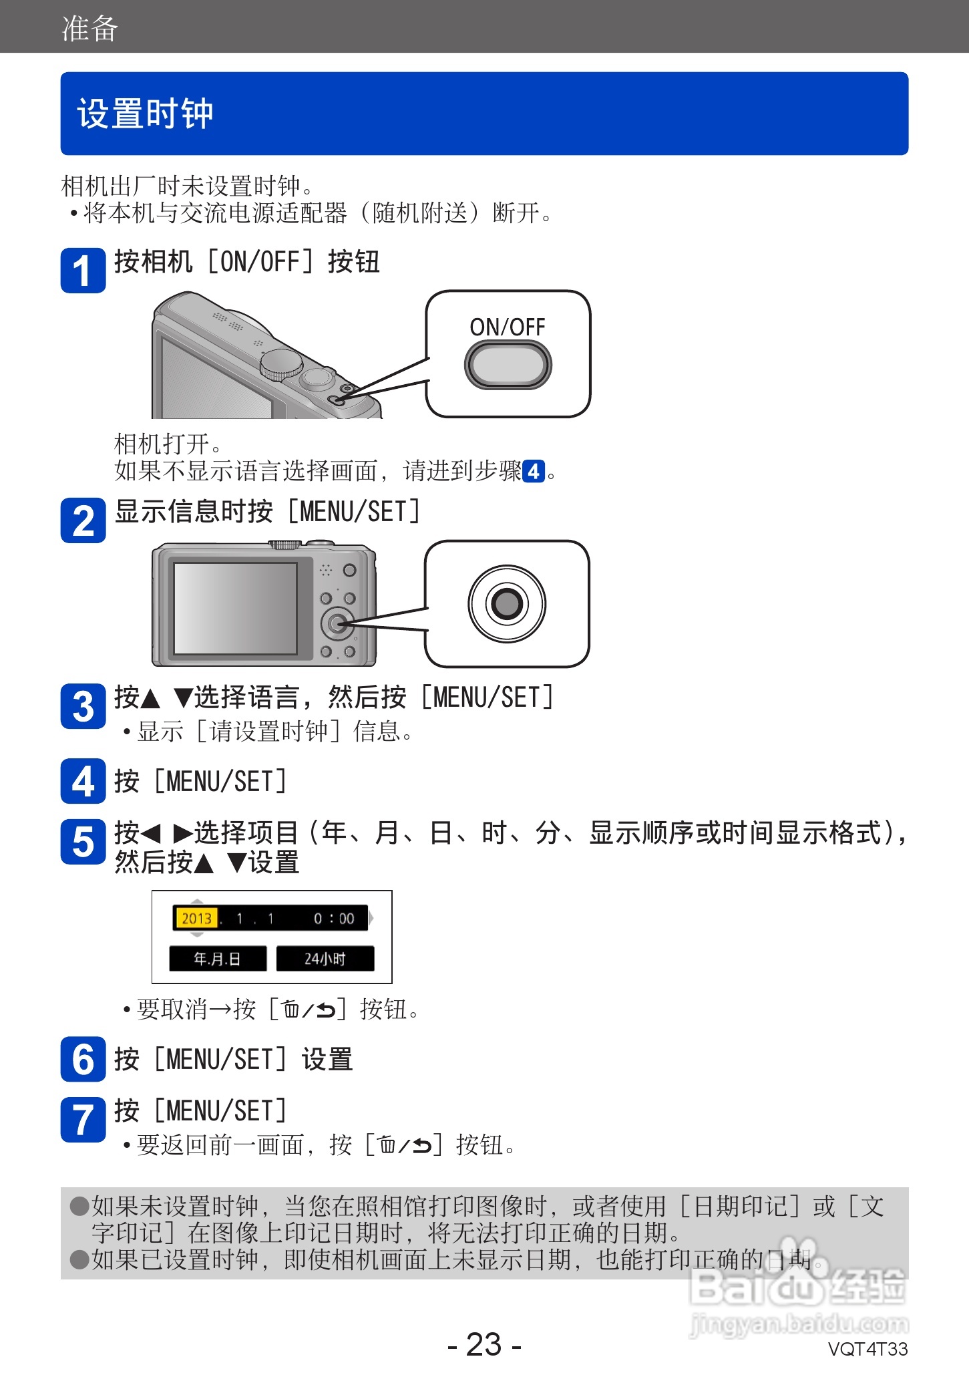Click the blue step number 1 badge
[83, 271]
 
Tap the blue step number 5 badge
[83, 842]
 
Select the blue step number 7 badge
[83, 1120]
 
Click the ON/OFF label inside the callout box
[508, 327]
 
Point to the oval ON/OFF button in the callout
[508, 365]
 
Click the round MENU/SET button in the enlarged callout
[507, 604]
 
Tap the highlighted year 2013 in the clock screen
[196, 919]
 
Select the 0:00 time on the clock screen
[334, 919]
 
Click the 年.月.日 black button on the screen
[217, 959]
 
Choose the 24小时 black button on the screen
[325, 959]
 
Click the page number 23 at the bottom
[484, 1344]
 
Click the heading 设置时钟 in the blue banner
[145, 114]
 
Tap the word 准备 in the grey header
[89, 29]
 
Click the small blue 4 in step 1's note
[533, 472]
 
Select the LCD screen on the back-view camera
[235, 608]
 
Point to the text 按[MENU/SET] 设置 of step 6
[233, 1060]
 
